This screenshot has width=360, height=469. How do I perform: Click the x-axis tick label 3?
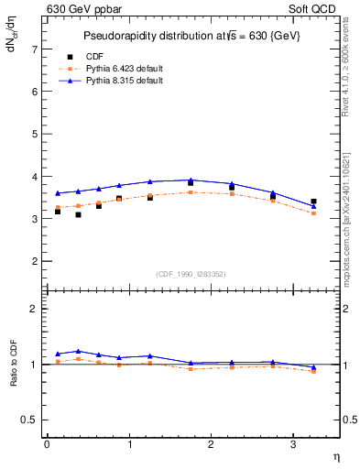(292, 445)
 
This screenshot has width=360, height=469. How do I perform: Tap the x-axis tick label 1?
(128, 445)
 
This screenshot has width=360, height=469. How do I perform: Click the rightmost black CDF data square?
(313, 202)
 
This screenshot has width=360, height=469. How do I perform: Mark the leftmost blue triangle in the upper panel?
(58, 193)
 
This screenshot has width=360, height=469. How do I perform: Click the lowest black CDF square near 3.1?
(78, 214)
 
